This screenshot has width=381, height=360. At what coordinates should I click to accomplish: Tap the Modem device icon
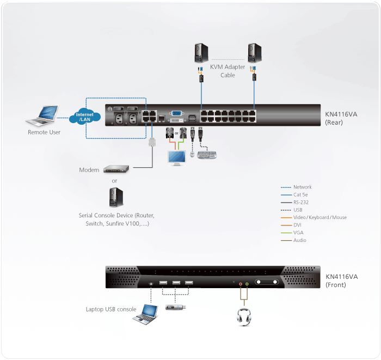point(115,169)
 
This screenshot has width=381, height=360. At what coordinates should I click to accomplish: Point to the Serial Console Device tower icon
point(114,197)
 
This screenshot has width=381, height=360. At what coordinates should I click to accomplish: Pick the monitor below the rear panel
point(176,158)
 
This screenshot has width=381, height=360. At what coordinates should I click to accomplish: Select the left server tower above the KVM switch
point(201,53)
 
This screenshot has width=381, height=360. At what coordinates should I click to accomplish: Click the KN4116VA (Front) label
point(341,280)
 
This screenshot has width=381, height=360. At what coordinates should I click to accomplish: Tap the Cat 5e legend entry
point(302,194)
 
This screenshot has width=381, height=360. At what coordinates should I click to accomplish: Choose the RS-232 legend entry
point(302,202)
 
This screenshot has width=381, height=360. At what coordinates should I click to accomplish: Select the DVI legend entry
point(298,225)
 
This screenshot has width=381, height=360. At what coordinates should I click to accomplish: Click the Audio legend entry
point(300,240)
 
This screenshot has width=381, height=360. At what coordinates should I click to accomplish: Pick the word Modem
point(89,170)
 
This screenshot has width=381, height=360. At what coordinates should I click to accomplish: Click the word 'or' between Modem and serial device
point(114,181)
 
